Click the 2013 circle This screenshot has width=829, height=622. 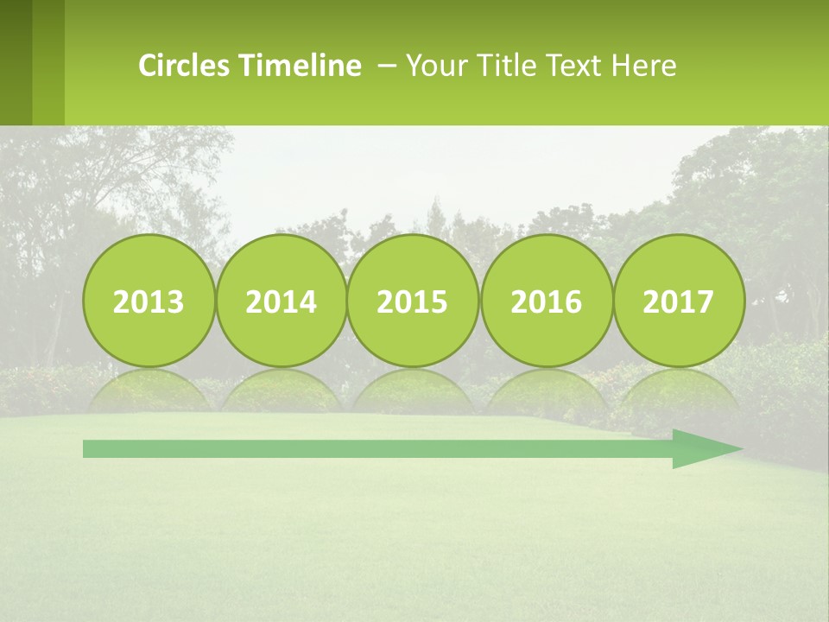149,301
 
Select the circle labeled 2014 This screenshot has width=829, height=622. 281,301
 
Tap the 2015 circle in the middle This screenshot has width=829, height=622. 413,301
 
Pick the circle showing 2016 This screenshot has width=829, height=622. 546,301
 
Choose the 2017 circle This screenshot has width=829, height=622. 678,301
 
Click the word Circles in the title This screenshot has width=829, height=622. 185,66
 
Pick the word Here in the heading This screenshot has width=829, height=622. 643,66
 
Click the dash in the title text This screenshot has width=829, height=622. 388,67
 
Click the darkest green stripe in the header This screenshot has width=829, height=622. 16,62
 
